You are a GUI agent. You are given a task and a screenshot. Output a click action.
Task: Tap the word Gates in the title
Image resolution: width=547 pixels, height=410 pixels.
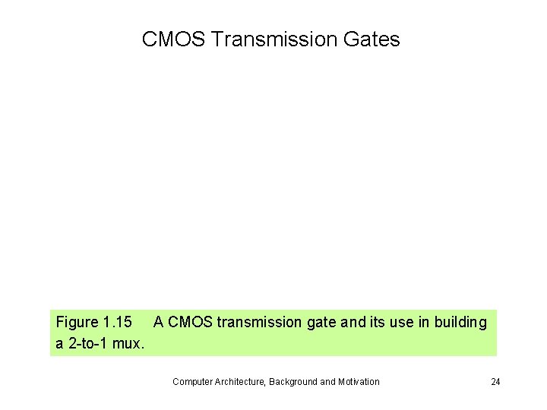coord(375,39)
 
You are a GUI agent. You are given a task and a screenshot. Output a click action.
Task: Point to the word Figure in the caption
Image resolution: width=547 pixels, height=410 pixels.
coord(77,322)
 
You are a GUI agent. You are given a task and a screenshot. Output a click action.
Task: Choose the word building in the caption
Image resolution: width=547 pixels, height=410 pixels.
coord(460,322)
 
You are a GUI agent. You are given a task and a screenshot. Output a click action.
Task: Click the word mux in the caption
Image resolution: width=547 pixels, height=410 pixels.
coord(128,343)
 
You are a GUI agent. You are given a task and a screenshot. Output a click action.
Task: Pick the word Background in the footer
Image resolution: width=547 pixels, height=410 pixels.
coord(292,381)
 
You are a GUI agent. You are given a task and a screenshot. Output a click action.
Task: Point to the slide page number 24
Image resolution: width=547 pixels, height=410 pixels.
coord(495,381)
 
